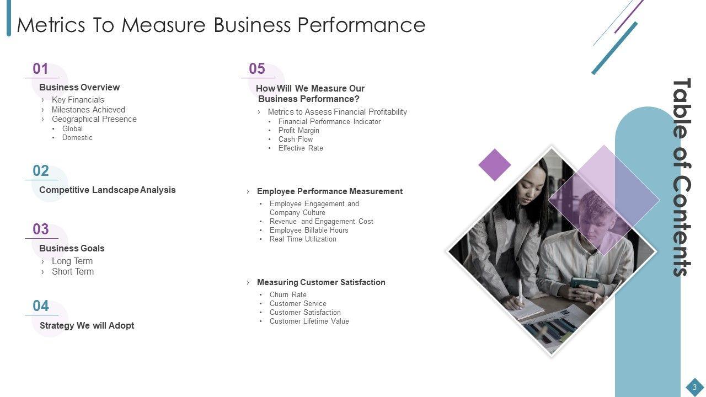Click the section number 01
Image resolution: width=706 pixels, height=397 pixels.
coord(40,69)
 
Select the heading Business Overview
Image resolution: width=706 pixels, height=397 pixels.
coord(79,87)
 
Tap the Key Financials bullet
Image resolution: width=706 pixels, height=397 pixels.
coord(78,100)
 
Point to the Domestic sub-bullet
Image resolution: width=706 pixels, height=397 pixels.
coord(77,138)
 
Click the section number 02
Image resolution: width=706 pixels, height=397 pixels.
coord(41,171)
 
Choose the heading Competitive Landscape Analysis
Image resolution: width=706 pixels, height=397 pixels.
coord(108,190)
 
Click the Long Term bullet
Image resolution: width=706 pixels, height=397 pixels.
coord(72,261)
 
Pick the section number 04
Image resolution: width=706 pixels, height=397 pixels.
coord(41,306)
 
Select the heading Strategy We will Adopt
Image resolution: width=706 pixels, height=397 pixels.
coord(87,325)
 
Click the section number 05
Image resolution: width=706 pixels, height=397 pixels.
coord(257,69)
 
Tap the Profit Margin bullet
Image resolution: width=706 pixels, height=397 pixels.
coord(299,131)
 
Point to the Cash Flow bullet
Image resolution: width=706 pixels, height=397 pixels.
coord(296,140)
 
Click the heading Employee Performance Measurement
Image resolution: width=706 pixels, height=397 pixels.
coord(330,191)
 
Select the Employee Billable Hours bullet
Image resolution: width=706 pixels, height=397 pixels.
coord(309,230)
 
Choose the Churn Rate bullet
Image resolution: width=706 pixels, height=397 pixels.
coord(288,294)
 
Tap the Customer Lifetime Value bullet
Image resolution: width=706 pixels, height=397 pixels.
coord(309,321)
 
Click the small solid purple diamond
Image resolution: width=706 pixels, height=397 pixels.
coord(495,165)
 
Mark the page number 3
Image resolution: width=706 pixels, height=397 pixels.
coord(694,387)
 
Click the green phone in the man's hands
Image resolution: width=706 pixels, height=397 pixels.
coord(584,283)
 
